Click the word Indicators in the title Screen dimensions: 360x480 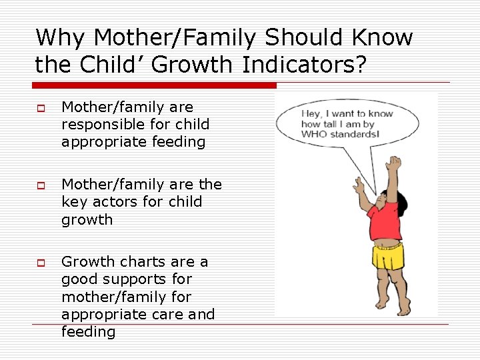[x=291, y=65]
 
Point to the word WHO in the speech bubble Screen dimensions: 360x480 [x=315, y=135]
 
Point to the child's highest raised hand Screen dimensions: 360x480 [x=396, y=162]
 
